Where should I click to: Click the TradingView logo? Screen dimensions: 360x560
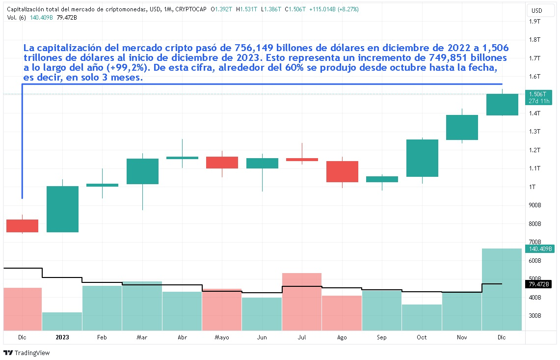(27, 353)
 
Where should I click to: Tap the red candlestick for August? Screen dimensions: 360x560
(342, 171)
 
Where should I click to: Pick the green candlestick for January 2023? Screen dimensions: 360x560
(62, 209)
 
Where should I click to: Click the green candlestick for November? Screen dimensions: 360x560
(462, 127)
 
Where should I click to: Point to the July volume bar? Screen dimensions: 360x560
(301, 301)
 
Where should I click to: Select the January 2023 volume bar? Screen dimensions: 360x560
(62, 321)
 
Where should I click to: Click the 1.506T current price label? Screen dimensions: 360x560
(538, 94)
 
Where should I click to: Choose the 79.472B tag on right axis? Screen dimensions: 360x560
(538, 284)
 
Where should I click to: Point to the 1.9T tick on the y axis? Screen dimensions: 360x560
(534, 21)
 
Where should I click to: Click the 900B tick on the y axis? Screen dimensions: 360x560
(534, 205)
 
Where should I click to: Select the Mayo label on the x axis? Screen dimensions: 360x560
(222, 337)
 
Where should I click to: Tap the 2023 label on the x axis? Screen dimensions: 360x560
(62, 337)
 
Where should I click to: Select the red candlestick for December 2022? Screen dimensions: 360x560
(22, 226)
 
